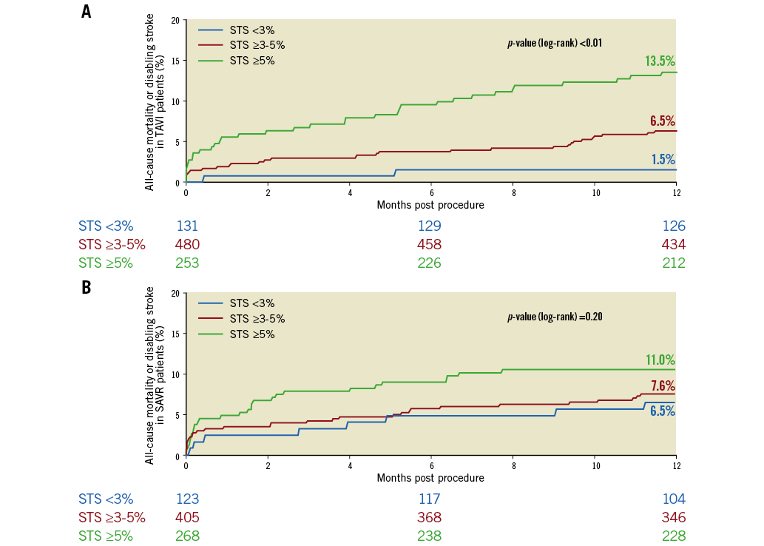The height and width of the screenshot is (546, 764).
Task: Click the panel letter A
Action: [x=87, y=12]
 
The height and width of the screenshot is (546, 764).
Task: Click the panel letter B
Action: [x=87, y=286]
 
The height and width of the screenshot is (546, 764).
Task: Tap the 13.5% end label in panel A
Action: [x=660, y=61]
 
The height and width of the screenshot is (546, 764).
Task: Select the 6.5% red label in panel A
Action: [x=662, y=121]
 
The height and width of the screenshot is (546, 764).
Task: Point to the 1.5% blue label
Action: [x=662, y=159]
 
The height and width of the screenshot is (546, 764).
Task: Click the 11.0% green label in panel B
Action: [x=660, y=360]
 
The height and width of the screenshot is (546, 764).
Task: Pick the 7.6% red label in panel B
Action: [x=662, y=385]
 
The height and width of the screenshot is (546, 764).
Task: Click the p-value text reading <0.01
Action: [x=554, y=43]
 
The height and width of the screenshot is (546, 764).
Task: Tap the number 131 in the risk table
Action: [x=187, y=226]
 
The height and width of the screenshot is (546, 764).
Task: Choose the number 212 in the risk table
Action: [x=674, y=263]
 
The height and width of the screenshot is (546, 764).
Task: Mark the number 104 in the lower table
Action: [x=674, y=499]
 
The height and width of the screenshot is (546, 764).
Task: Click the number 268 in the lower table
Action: [x=187, y=536]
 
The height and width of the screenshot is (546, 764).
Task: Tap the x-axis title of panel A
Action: [x=430, y=205]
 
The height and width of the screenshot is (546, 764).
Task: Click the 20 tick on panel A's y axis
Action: [x=175, y=20]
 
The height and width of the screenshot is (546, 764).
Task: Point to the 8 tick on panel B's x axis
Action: [x=513, y=465]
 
